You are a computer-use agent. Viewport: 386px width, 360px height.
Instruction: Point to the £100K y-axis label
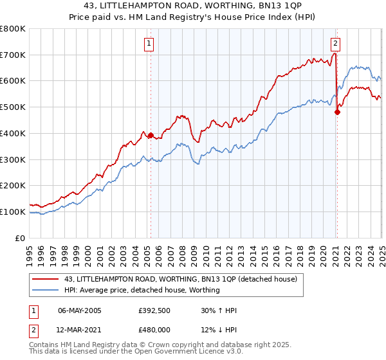tap(13, 212)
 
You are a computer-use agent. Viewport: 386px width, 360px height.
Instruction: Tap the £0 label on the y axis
tap(21, 238)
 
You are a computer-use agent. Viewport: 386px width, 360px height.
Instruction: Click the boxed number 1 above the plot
tap(149, 44)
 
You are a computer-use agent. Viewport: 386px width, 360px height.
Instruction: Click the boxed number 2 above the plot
tap(336, 44)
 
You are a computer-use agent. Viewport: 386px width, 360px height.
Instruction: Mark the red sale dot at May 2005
tap(151, 136)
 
